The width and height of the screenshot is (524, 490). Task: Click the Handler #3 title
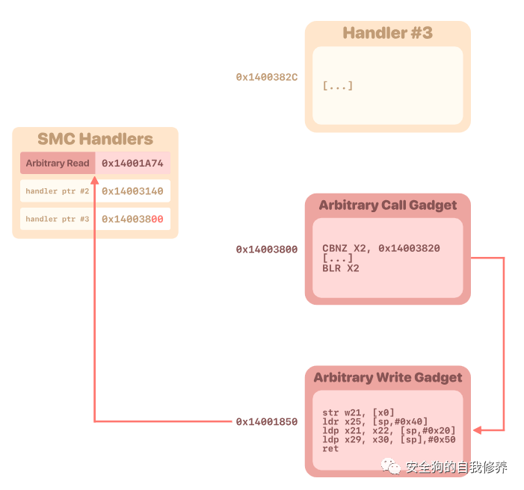pos(387,33)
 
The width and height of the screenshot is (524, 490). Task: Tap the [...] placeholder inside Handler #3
pos(338,86)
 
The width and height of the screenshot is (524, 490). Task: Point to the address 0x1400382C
pos(267,76)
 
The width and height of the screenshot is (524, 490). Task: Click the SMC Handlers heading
pos(95,139)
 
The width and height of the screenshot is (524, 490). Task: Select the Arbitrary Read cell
pos(58,163)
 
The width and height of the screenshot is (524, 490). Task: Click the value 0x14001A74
pos(132,163)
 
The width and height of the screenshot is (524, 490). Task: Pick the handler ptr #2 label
pos(58,191)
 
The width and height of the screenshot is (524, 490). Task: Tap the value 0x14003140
pos(132,191)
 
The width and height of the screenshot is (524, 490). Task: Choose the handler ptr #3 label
pos(58,219)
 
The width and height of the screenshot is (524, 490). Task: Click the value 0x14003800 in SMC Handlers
pos(132,219)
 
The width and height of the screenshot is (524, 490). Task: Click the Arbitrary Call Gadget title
pos(387,205)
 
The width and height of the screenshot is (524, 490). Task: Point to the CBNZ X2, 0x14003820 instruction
pos(381,248)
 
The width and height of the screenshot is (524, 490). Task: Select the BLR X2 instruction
pos(341,267)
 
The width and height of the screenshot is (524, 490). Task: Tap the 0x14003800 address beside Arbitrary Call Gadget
pos(267,249)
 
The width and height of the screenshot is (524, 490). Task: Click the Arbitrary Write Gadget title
pos(387,377)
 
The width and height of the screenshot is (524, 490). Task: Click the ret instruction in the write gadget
pos(330,448)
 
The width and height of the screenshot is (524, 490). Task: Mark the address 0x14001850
pos(267,422)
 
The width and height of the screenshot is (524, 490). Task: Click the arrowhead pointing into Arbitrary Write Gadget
pos(477,429)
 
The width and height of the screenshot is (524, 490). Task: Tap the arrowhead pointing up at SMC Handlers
pos(95,180)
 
